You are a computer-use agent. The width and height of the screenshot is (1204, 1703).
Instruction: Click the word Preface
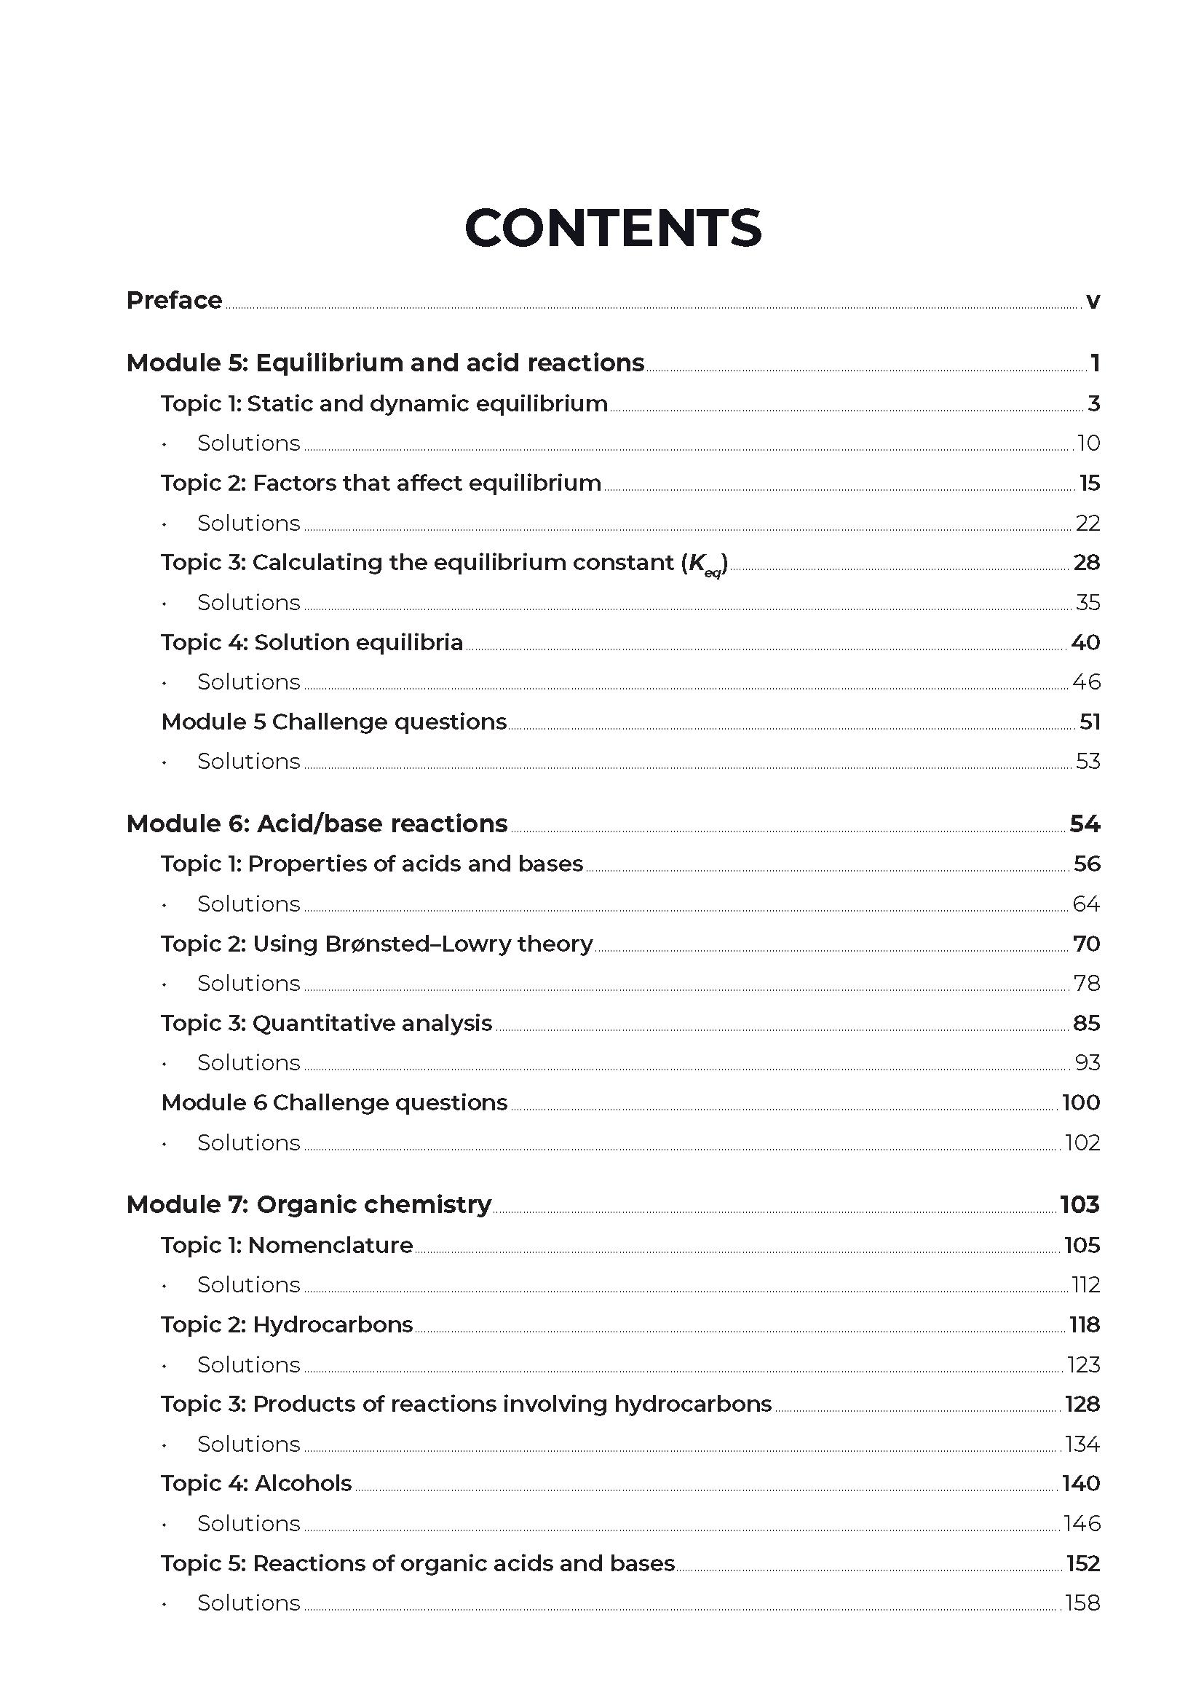coord(174,301)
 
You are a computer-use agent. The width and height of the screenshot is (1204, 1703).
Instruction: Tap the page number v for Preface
coord(1092,302)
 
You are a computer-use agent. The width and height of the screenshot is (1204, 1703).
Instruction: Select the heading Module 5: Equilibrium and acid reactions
coord(385,363)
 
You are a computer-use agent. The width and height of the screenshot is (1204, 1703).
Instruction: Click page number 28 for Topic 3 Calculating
coord(1086,563)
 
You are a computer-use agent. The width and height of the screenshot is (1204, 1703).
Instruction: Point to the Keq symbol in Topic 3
coord(705,566)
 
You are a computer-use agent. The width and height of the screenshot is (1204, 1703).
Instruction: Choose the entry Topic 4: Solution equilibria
coord(312,642)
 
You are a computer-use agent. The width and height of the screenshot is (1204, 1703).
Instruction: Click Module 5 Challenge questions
coord(333,722)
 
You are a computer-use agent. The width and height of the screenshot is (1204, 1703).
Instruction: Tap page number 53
coord(1088,762)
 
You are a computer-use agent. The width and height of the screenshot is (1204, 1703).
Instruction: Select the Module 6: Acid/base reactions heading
coord(317,824)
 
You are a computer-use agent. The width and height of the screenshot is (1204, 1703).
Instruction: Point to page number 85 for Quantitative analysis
coord(1086,1024)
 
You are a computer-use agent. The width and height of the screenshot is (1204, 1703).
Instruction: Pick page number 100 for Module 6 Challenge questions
coord(1081,1103)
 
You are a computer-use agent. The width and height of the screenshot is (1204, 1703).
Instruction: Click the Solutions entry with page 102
coord(248,1143)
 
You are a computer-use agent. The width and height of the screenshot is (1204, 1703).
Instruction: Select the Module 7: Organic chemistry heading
coord(309,1204)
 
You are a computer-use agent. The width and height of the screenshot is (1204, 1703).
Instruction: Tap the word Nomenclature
coord(330,1245)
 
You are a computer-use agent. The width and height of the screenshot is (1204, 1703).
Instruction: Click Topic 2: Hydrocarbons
coord(286,1324)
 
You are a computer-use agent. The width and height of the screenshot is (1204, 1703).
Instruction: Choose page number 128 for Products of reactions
coord(1082,1404)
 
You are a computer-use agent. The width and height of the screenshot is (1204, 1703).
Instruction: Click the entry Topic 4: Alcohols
coord(256,1483)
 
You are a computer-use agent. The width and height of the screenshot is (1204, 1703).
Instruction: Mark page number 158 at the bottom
coord(1082,1603)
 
